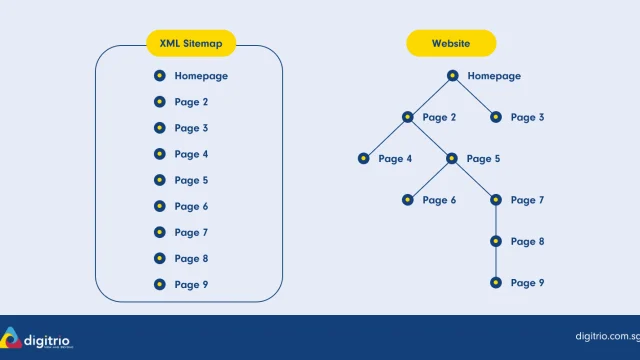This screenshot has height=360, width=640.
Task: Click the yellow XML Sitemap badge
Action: point(191,43)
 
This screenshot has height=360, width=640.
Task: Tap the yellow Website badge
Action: point(451,43)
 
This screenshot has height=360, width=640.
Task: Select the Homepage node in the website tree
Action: point(452,76)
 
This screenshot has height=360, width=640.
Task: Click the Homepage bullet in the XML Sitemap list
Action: point(160,76)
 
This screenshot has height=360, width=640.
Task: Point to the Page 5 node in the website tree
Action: point(451,158)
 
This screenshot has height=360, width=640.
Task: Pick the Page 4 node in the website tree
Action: point(363,158)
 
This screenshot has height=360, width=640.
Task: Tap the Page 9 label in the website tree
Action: point(527,283)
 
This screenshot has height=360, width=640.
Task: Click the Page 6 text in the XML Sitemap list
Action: point(191,207)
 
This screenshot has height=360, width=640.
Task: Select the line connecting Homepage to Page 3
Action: point(474,96)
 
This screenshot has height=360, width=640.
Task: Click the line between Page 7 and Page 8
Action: point(496,220)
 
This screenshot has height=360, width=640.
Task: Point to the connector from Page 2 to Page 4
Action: point(385,138)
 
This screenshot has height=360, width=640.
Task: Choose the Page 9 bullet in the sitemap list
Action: point(160,284)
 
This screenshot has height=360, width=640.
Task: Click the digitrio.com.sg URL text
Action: point(607,337)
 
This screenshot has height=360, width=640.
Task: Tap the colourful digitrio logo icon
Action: point(11,338)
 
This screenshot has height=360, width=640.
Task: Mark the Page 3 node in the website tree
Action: point(496,117)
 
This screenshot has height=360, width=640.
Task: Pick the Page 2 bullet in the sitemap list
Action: point(160,102)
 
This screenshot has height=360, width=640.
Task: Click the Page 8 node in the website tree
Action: point(496,241)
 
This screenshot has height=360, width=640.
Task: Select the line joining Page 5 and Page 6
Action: point(429,179)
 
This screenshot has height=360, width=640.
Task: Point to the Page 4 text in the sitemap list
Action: point(191,154)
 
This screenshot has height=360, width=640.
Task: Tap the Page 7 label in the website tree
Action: point(527,200)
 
